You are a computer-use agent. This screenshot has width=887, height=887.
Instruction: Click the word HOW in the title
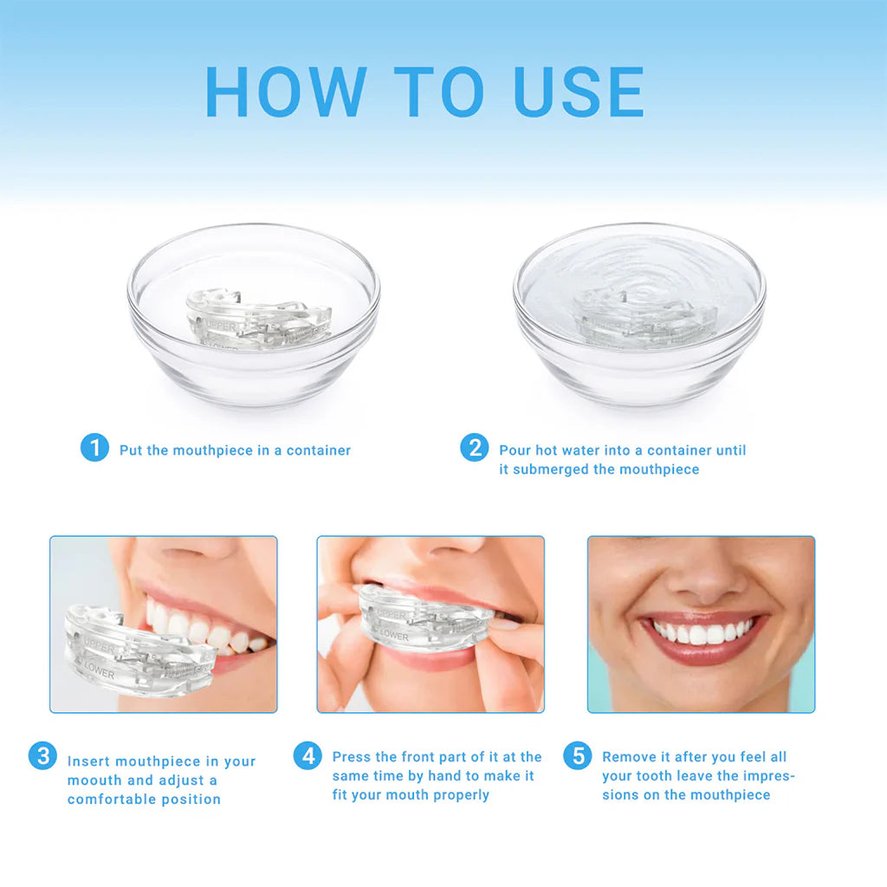coord(286,91)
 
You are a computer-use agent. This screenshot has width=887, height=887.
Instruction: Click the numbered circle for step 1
coord(94,448)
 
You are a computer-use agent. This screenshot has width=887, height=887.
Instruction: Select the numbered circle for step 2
coord(474,448)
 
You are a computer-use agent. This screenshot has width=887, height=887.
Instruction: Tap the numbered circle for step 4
coord(307,755)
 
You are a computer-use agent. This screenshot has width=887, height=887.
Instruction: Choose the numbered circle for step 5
coord(577,755)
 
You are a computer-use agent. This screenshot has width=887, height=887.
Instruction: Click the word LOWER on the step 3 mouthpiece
coord(100,668)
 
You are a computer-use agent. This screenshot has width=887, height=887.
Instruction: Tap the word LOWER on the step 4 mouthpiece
coord(393,636)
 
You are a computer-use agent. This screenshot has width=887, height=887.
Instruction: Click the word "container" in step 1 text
coord(319,450)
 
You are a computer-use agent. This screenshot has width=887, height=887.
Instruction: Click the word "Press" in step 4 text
coord(351,757)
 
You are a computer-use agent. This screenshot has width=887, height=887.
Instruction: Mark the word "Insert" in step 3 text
coord(88,761)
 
